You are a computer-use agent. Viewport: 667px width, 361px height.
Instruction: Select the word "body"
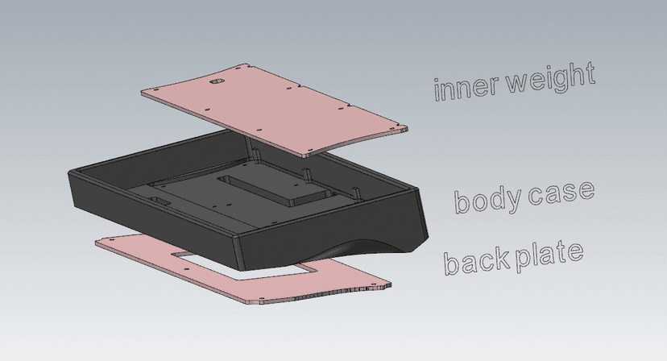pyautogui.click(x=488, y=199)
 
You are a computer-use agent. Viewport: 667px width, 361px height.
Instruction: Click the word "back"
pyautogui.click(x=476, y=259)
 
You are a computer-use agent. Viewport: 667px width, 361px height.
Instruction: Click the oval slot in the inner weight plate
pyautogui.click(x=217, y=81)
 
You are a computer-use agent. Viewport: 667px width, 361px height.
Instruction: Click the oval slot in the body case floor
pyautogui.click(x=159, y=200)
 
